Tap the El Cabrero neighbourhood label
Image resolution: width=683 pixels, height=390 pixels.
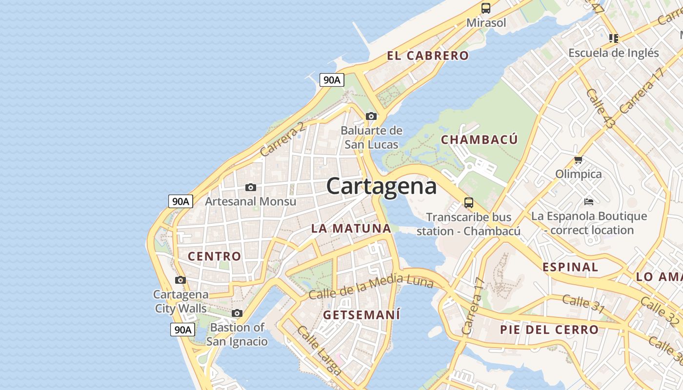pos(428,56)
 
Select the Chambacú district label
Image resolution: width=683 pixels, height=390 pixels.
pos(479,140)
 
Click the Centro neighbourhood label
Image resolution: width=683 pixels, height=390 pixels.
pos(215,256)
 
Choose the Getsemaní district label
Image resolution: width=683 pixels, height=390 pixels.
pos(362,315)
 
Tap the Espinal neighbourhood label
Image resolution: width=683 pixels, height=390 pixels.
pos(570,267)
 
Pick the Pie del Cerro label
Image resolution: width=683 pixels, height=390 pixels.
pos(549,330)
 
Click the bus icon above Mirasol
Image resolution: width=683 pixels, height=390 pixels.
pos(486,8)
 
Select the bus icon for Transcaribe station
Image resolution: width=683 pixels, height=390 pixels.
pos(469,203)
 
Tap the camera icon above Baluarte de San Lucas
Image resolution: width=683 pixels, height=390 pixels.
pos(371,116)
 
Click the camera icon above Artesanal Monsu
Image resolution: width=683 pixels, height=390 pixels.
pos(251,187)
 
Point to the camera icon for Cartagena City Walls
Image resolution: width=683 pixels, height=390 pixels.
pos(181,280)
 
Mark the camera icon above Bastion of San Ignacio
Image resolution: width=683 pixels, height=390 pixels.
pos(237,313)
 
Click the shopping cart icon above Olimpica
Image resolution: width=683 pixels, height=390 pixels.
pos(579,159)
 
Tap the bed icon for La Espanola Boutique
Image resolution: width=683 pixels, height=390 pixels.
pos(589,201)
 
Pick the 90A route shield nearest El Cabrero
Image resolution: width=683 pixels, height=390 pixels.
pos(332,80)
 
